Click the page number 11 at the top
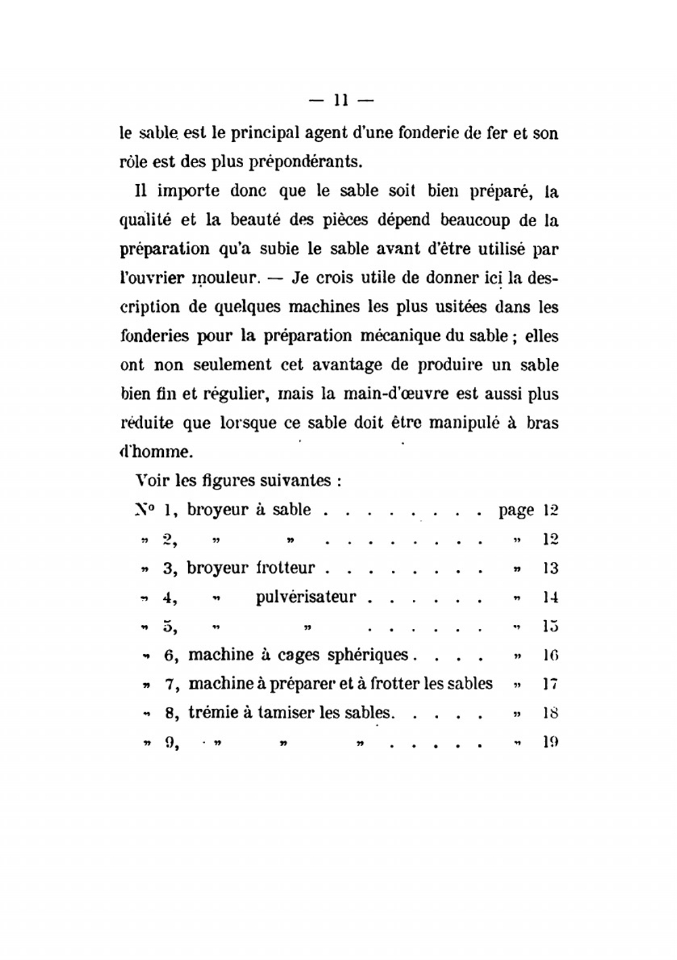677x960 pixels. [341, 101]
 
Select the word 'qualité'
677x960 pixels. [145, 221]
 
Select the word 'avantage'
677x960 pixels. [345, 366]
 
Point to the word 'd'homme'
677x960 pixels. [150, 452]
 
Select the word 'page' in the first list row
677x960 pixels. [517, 510]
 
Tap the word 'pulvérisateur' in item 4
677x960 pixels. [306, 598]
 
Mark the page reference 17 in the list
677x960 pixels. [550, 684]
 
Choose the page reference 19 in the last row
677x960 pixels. [550, 742]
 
